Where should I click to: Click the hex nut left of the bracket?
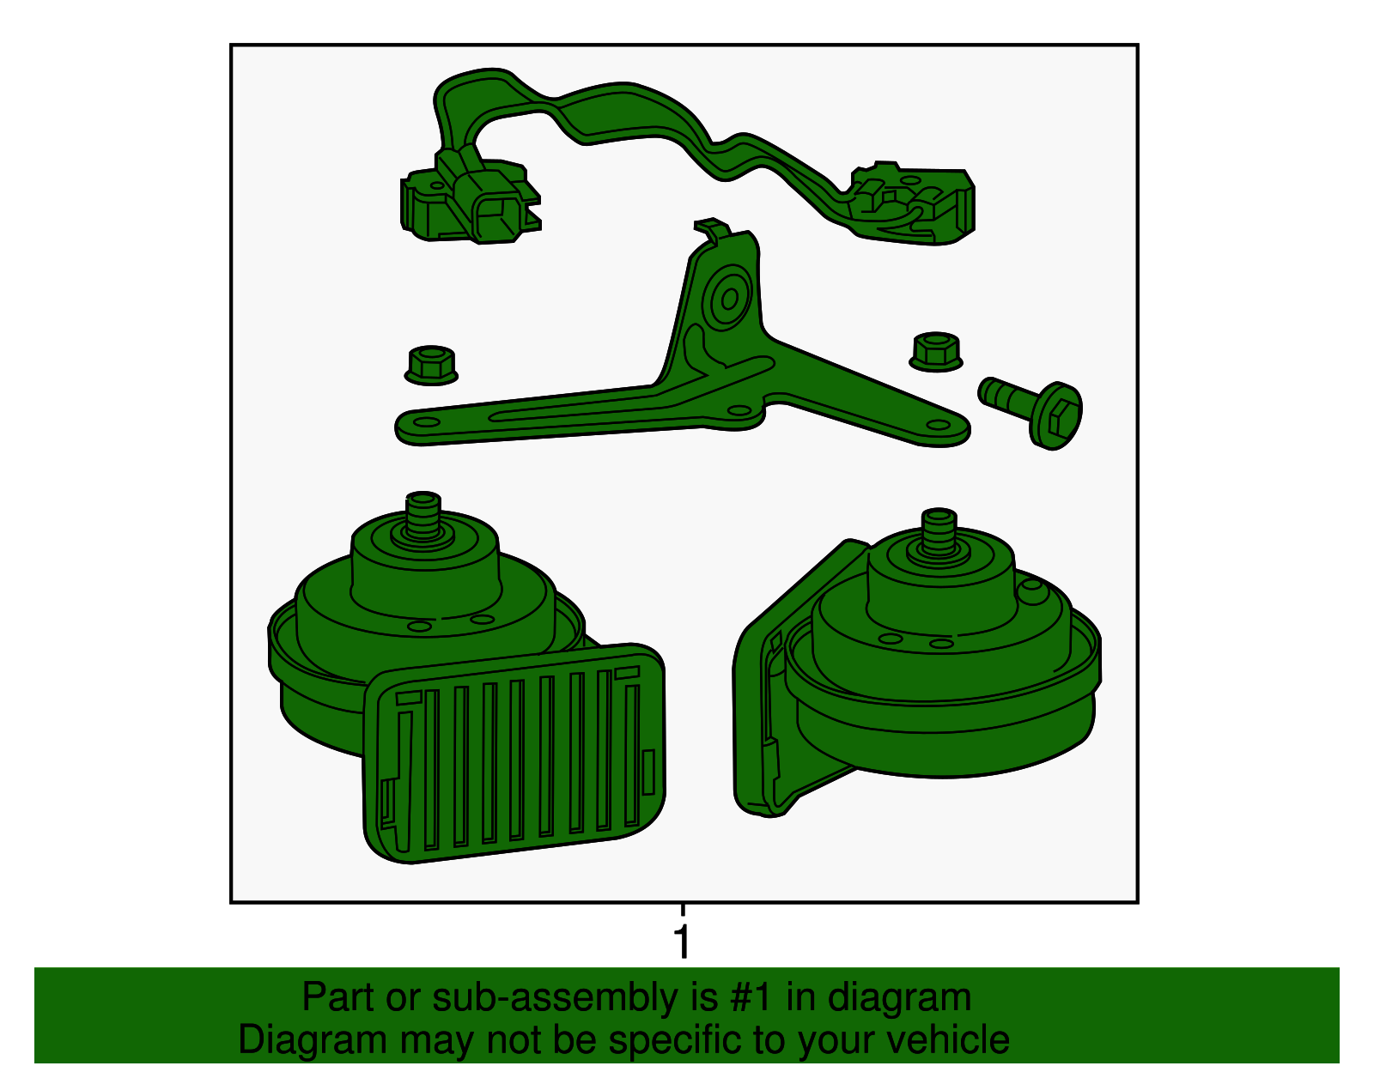(430, 365)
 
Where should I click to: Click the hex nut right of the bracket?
(936, 352)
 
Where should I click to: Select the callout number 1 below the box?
(682, 942)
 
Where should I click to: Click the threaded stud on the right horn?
(939, 531)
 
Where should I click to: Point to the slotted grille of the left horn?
(514, 753)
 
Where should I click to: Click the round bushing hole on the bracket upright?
(730, 298)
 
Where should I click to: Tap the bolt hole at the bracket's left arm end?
(426, 422)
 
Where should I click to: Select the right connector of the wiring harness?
(910, 203)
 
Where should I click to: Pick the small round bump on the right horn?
(1031, 591)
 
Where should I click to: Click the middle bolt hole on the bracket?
(739, 410)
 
